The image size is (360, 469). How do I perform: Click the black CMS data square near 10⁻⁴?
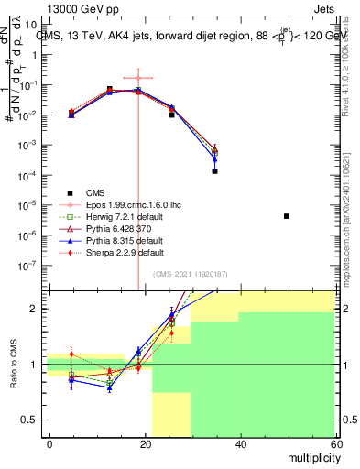click(x=214, y=170)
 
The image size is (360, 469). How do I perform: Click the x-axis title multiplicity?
click(x=310, y=455)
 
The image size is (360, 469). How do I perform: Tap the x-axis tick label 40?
click(x=240, y=443)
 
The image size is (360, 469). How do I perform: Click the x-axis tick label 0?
click(x=49, y=443)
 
